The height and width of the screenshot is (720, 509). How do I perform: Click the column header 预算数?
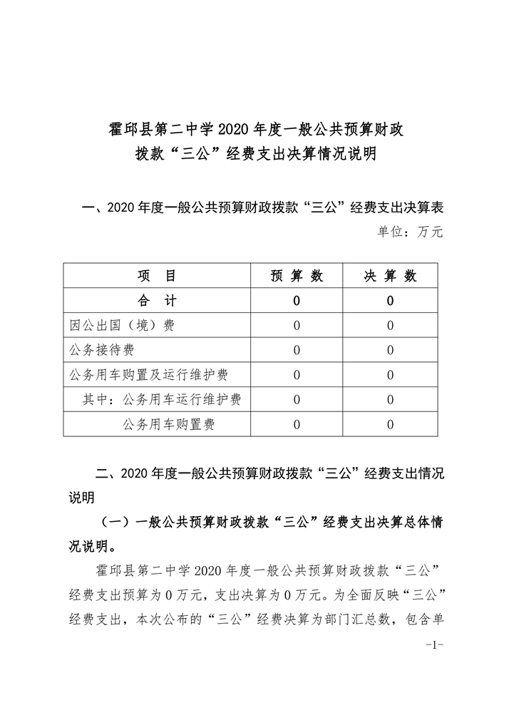tap(297, 277)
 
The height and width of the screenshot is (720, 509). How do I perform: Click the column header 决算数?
tap(391, 277)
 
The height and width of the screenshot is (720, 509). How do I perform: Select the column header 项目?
tap(156, 277)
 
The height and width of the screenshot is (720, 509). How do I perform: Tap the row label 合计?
tap(156, 301)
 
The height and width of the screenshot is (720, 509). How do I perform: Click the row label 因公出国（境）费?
tap(122, 326)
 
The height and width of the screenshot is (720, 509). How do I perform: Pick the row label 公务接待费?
tap(102, 350)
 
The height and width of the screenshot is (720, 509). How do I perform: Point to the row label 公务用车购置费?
tap(169, 424)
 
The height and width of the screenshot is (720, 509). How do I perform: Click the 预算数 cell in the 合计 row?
tap(297, 301)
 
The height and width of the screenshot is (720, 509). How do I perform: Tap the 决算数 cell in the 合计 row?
tap(391, 301)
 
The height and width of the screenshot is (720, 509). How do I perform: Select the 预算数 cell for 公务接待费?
tap(297, 350)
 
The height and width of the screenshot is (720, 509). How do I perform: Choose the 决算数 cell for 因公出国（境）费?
tap(391, 326)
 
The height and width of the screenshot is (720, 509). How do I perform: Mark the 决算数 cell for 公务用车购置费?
tap(391, 424)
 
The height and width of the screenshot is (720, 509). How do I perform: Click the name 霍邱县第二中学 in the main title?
tap(162, 129)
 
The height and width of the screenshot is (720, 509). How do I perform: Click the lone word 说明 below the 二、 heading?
tap(81, 497)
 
